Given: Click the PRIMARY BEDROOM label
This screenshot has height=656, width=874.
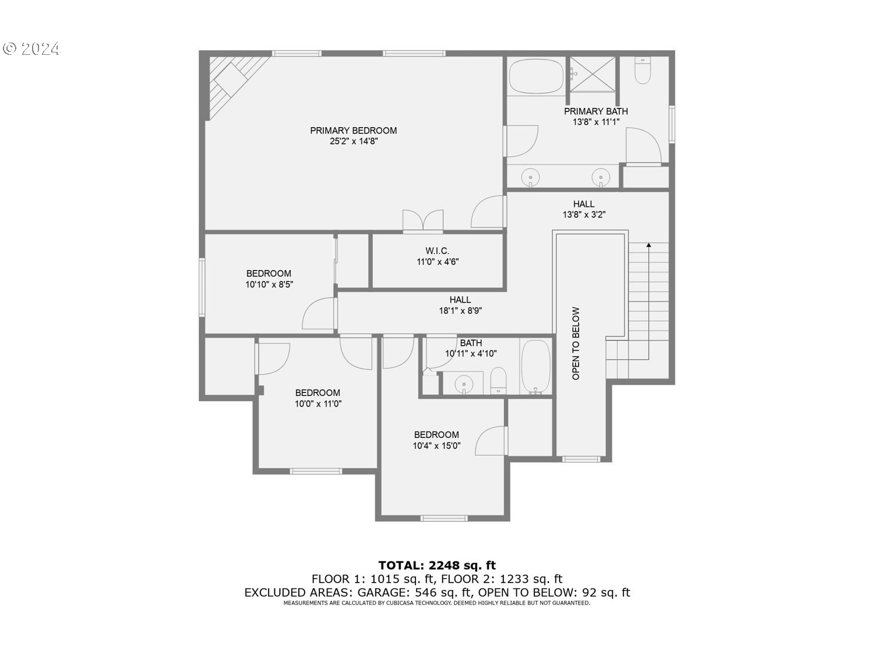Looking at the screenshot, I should click(x=353, y=131).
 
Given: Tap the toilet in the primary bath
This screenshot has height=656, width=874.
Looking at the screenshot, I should click(x=642, y=71).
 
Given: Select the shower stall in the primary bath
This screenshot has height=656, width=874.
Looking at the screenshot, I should click(x=592, y=74).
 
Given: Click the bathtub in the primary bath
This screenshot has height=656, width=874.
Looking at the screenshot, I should click(x=536, y=76).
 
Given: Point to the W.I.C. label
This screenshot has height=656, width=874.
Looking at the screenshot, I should click(x=437, y=251).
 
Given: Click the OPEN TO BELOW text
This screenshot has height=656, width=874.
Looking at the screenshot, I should click(x=576, y=343).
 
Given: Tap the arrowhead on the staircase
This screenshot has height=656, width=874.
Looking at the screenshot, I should click(x=649, y=246).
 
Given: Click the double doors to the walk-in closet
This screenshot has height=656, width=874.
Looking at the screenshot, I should click(x=423, y=222).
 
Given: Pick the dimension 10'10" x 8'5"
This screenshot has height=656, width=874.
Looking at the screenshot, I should click(x=269, y=285).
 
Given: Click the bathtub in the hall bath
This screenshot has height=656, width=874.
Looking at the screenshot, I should click(x=535, y=366).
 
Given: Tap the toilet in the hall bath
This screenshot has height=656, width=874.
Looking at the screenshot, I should click(x=498, y=381).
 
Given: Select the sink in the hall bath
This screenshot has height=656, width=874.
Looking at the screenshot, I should click(x=464, y=383).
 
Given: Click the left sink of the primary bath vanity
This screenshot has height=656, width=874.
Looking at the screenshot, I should click(x=530, y=176).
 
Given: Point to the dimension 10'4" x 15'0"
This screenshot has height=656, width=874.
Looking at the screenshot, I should click(x=436, y=446).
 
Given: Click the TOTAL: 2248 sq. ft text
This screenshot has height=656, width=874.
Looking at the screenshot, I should click(x=437, y=565).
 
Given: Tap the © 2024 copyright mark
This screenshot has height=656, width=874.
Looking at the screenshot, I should click(x=31, y=49).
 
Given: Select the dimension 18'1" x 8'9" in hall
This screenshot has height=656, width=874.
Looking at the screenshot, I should click(x=460, y=311).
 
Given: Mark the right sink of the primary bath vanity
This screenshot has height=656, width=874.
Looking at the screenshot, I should click(x=600, y=176).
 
